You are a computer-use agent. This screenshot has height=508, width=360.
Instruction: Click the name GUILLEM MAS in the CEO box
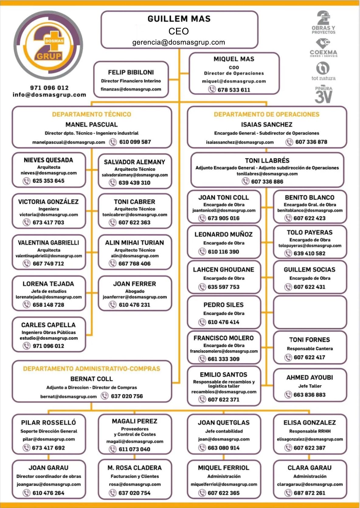pos(179,19)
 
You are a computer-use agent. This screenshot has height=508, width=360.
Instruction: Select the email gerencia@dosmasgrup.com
pos(179,42)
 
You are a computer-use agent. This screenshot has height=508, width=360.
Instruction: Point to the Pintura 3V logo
pos(323,94)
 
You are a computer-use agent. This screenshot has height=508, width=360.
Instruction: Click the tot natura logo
pos(323,71)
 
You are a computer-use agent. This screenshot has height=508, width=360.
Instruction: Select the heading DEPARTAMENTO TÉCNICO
pos(92,115)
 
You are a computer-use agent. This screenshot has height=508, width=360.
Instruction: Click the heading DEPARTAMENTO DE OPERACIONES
pos(266,115)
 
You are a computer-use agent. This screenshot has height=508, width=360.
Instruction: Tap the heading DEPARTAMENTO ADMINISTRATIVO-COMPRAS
pos(92,369)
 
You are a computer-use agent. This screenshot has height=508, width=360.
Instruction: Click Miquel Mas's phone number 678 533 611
pos(234,90)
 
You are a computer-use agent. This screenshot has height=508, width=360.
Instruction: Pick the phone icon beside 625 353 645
pos(26,181)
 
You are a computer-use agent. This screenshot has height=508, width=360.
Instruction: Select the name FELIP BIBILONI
pos(131,72)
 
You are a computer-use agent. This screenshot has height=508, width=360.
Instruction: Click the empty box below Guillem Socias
pos(310,313)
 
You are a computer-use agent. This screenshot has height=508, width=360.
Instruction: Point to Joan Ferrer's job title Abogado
pos(134,291)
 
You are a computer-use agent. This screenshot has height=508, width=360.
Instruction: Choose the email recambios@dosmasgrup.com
pos(224,392)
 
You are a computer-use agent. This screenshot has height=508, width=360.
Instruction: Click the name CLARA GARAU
pos(310,468)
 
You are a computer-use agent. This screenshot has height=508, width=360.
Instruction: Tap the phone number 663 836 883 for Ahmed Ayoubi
pos(310,395)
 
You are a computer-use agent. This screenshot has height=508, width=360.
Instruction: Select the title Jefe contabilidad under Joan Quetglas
pos(224,431)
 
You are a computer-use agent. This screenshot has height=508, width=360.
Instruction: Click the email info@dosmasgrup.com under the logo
pos(49,95)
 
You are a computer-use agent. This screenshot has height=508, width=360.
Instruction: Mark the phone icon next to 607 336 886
pos(245,181)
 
